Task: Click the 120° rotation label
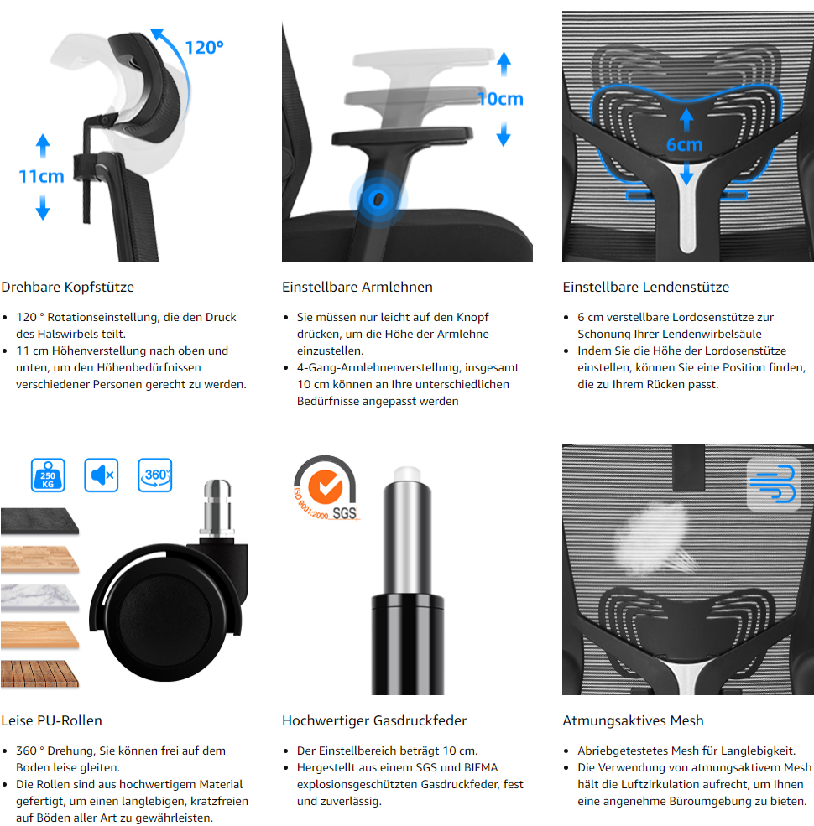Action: (205, 48)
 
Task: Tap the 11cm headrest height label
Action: (41, 176)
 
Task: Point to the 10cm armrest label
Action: (500, 99)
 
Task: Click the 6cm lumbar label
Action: (684, 144)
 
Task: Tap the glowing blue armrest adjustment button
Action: (378, 199)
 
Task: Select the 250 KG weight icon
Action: (48, 475)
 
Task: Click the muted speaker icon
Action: (102, 475)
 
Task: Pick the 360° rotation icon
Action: (155, 475)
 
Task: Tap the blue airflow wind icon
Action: (774, 485)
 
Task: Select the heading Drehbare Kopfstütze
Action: (67, 287)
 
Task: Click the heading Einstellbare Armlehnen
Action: (357, 287)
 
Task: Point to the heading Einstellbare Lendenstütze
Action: (646, 287)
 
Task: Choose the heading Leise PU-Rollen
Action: (52, 720)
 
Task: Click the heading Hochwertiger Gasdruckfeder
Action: (374, 720)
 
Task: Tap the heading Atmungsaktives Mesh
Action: (634, 720)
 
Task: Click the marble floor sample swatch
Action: (39, 598)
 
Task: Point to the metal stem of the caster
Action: (217, 507)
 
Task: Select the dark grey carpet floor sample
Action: (39, 522)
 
